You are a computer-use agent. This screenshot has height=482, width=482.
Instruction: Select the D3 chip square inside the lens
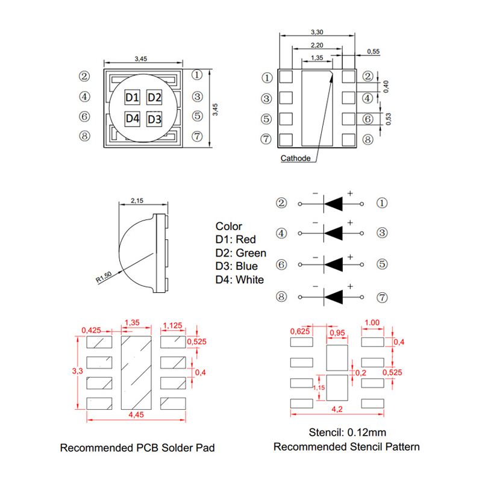(155, 119)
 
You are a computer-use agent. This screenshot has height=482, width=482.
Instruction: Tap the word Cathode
(296, 158)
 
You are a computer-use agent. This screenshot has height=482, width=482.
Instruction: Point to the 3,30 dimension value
(316, 31)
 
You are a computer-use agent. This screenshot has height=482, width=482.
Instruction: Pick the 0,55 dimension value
(374, 52)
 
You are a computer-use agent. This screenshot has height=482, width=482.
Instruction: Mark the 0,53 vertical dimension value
(389, 119)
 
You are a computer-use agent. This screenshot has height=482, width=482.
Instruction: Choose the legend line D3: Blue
(237, 266)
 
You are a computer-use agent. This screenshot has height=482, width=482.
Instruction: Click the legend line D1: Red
(236, 240)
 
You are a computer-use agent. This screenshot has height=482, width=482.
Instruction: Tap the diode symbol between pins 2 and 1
(333, 204)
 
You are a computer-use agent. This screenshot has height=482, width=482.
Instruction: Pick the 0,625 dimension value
(300, 331)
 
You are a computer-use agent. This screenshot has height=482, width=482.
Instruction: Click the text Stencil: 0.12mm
(347, 433)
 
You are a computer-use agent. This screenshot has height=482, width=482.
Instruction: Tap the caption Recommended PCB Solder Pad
(137, 448)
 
